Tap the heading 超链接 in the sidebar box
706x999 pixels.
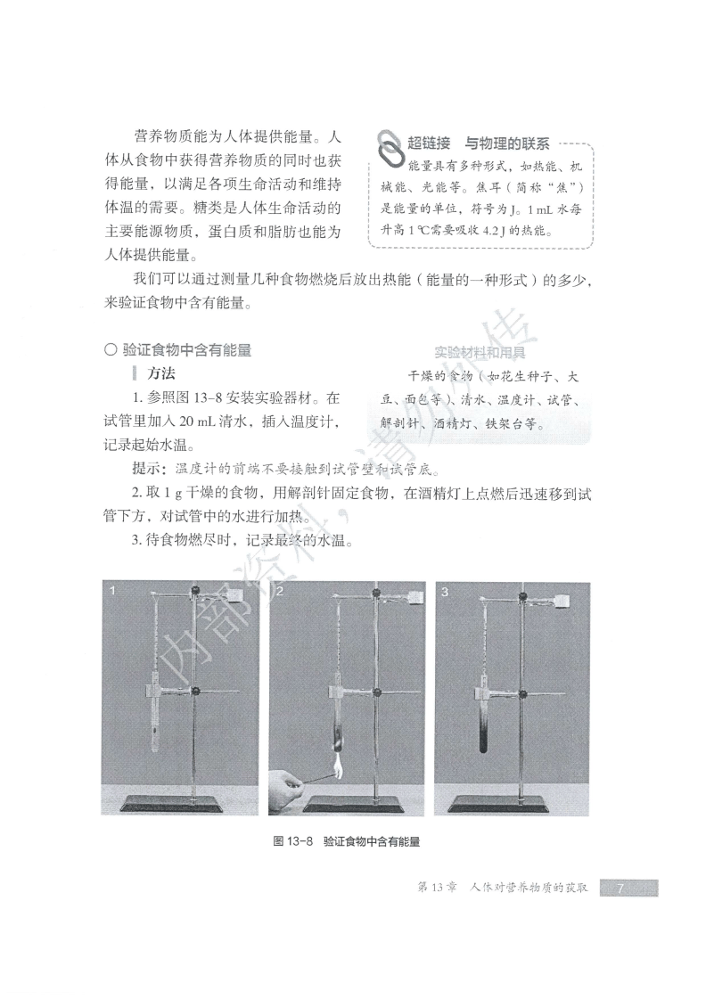point(431,143)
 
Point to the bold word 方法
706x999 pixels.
point(161,373)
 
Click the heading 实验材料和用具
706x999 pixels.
point(479,352)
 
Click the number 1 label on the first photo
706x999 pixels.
point(110,590)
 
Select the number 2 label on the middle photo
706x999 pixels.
point(280,590)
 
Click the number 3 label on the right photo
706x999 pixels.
point(445,590)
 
